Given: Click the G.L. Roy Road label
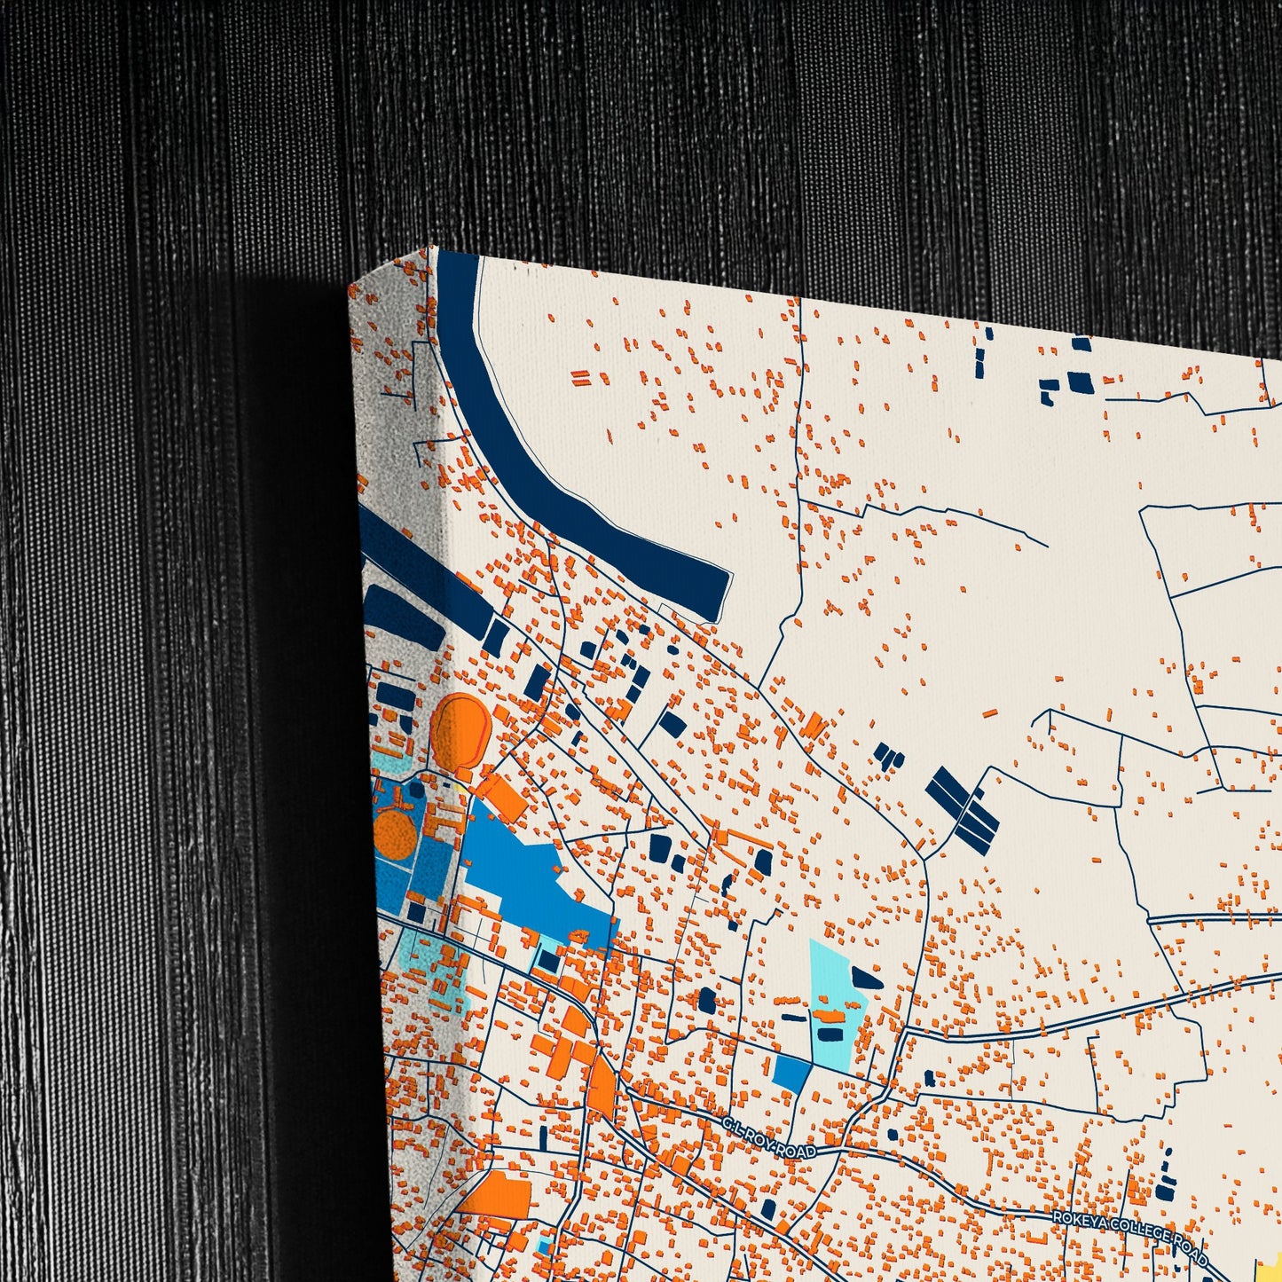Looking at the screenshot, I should click(x=768, y=1138).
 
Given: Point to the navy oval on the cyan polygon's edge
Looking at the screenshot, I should click(x=866, y=979).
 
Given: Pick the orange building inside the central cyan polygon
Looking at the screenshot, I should click(x=830, y=1015).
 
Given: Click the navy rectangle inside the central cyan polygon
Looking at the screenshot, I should click(x=830, y=1033).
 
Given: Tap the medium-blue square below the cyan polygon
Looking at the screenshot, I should click(x=790, y=1074).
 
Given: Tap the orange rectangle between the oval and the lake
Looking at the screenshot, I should click(x=502, y=797).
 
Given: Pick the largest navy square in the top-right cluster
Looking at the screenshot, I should click(x=1080, y=381).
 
